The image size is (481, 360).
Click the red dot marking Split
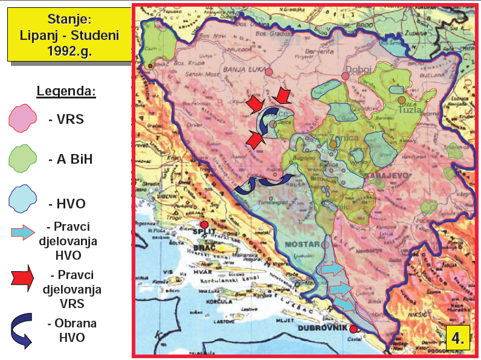[205, 225]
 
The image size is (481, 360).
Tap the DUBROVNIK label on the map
[323, 328]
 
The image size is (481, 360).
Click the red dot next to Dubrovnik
[353, 329]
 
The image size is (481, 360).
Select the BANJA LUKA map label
[241, 70]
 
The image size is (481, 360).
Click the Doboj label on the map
[359, 69]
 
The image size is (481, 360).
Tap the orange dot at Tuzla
[401, 100]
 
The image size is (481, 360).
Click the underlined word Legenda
[66, 91]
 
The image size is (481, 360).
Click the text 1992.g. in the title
[69, 50]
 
